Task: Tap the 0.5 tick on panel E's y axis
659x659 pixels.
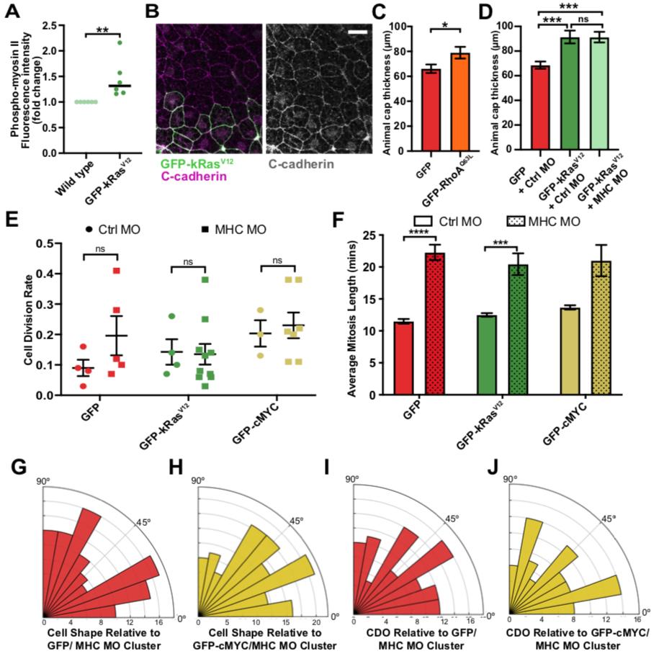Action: pos(30,243)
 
